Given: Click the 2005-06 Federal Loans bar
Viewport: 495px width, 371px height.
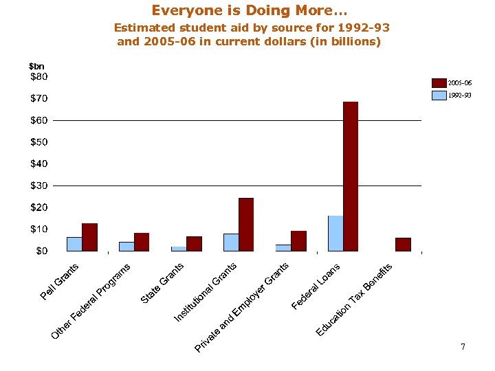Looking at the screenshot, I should click(x=351, y=177).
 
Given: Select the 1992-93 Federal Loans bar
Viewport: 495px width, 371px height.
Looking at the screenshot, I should click(x=335, y=234).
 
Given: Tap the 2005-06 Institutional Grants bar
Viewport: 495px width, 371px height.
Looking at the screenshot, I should click(x=246, y=225).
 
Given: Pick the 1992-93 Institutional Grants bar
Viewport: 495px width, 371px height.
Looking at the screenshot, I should click(x=231, y=243).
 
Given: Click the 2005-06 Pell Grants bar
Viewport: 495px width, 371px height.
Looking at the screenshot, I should click(x=89, y=237).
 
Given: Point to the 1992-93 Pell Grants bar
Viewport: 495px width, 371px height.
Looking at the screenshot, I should click(x=74, y=244).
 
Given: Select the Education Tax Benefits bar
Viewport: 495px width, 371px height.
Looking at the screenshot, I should click(x=403, y=245).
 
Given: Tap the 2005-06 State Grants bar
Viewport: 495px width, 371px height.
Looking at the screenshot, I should click(x=194, y=244).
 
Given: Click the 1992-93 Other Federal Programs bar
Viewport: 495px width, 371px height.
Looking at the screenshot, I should click(x=126, y=246).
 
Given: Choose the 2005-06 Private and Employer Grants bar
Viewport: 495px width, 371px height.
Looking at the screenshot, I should click(x=298, y=241).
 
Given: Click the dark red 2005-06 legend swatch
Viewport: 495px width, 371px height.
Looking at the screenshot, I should click(x=439, y=83).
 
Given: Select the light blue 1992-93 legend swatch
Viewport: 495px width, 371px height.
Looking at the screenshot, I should click(x=439, y=95).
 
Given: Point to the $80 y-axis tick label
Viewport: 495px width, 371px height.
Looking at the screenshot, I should click(x=39, y=77).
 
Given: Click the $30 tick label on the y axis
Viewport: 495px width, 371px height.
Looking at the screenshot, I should click(x=39, y=185).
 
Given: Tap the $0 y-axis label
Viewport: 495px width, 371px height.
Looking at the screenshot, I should click(x=41, y=251).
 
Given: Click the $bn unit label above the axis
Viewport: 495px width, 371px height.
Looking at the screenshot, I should click(x=36, y=66).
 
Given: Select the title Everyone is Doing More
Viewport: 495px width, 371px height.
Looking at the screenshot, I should click(x=250, y=11).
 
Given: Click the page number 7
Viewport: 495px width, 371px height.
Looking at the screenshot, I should click(x=463, y=347).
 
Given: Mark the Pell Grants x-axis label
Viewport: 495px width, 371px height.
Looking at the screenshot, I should click(x=60, y=282).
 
